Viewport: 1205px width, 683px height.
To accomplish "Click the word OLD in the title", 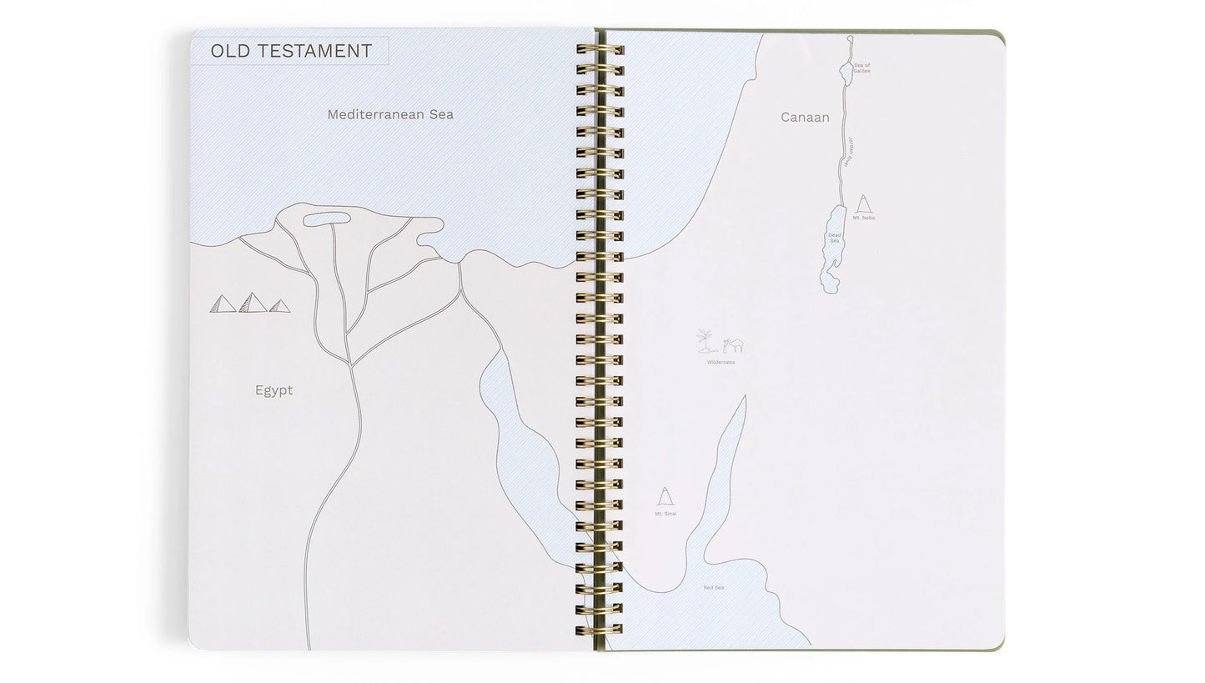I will coord(230,51).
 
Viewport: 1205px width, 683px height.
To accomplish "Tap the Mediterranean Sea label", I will coord(390,114).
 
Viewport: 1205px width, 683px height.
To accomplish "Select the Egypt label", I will coord(274,390).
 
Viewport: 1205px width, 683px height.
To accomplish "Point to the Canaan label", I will coord(805,118).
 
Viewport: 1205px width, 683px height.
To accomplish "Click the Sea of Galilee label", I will coord(861,68).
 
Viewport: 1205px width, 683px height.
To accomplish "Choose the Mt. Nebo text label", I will coord(864,218).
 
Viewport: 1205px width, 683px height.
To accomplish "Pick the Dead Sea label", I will coord(834,238).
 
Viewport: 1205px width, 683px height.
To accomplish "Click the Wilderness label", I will coord(720,362).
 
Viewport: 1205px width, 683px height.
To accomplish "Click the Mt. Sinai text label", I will coord(665,514).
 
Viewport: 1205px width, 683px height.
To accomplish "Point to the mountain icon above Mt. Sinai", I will coord(665,497).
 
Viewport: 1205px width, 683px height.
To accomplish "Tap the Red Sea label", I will coord(713,587).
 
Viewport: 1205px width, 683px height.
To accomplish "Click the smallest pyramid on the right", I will coord(279,306).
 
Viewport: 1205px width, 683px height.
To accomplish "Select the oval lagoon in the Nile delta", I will coord(326,219).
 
